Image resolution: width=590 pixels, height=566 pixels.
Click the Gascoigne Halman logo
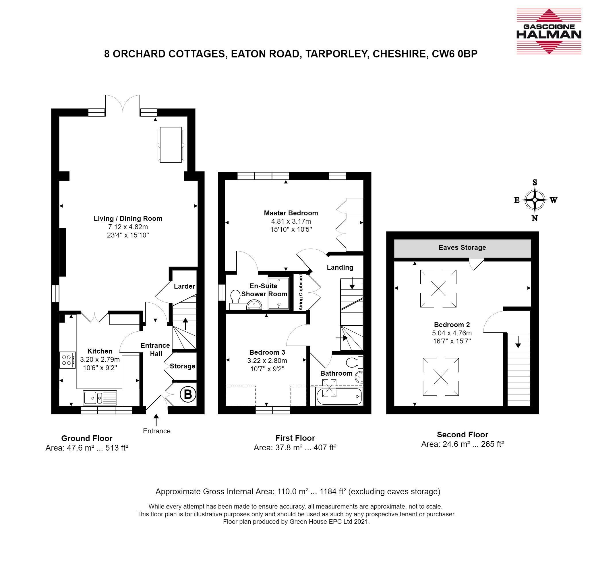point(549,31)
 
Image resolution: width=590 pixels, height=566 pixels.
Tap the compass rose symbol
point(535,200)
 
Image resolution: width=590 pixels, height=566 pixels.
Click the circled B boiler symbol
point(188,394)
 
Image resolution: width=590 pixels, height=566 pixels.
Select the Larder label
point(184,286)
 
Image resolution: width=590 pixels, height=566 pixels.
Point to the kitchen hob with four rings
point(67,360)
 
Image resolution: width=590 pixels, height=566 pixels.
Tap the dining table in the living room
point(171,145)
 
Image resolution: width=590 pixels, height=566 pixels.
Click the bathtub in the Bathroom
point(339,397)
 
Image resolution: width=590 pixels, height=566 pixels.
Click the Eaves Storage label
point(462,248)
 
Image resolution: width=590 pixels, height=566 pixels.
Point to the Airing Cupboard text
point(300,292)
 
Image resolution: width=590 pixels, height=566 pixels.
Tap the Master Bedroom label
point(291,213)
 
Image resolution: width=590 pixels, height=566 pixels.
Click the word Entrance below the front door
point(156,431)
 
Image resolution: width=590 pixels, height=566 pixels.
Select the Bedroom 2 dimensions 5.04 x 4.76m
point(452,333)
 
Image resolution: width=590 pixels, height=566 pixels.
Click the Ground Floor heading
point(87,438)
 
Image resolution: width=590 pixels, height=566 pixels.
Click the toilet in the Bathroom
point(355,362)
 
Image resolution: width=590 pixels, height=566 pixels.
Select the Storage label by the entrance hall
point(182,366)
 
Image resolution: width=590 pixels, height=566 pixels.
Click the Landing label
point(340,267)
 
